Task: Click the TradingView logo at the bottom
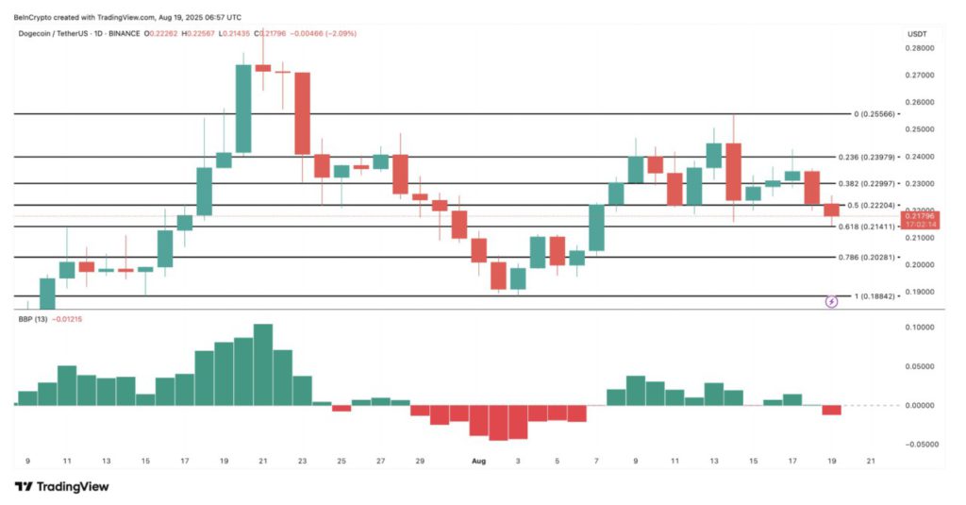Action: (x=61, y=486)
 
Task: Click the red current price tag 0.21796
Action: (x=918, y=217)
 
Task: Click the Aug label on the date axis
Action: (x=478, y=461)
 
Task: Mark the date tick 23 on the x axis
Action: (x=302, y=461)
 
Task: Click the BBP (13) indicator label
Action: (x=32, y=320)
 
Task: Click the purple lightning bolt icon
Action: (x=831, y=302)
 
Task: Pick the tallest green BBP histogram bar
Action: (x=263, y=365)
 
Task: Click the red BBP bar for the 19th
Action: (x=831, y=410)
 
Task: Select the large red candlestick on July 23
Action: (x=302, y=113)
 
